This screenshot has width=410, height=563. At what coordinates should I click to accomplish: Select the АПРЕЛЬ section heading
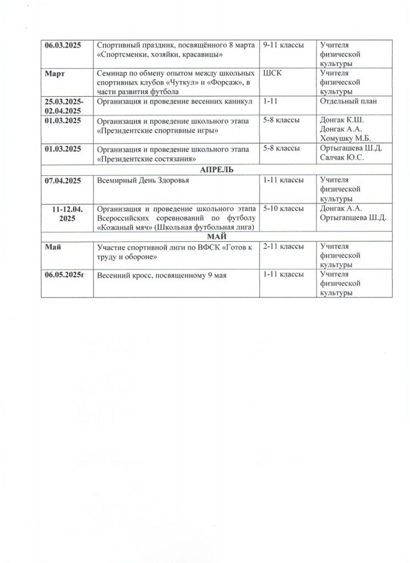click(217, 170)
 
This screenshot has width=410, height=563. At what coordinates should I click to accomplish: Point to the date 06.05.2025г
click(65, 274)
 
